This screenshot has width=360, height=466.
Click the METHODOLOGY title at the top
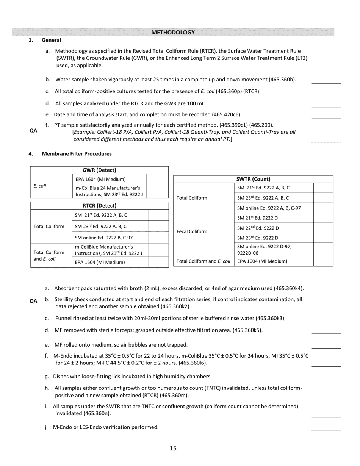click(173, 33)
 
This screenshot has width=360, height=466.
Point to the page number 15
click(173, 449)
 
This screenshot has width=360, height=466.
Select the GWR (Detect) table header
click(99, 170)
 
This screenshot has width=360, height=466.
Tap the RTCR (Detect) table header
click(99, 206)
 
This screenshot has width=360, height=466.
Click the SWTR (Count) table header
click(253, 179)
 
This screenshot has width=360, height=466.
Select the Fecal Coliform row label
click(192, 231)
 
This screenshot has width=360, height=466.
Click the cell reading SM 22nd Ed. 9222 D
click(258, 228)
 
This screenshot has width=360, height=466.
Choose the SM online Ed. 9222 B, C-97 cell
click(104, 238)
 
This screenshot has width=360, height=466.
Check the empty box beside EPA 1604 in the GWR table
click(157, 179)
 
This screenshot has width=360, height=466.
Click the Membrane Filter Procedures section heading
click(77, 154)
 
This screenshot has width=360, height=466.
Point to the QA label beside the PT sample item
click(33, 131)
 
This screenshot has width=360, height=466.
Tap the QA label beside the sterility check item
click(33, 301)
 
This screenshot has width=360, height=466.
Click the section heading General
click(51, 40)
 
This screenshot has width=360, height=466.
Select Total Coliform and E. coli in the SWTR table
click(203, 261)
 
